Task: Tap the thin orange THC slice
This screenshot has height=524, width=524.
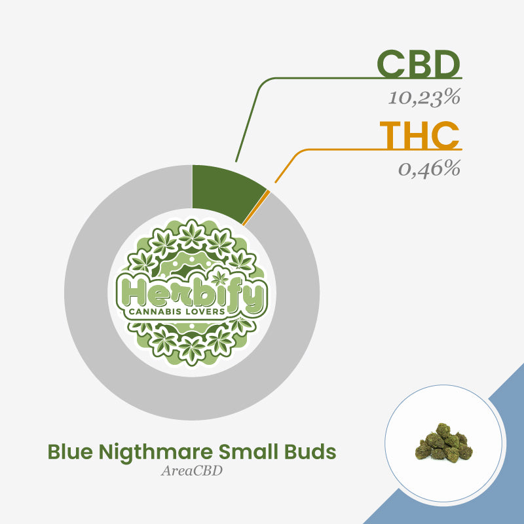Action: point(256,208)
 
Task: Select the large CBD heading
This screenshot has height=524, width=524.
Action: point(419,64)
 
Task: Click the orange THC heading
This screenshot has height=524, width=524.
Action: point(419,136)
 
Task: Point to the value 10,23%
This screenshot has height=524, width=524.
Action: point(424,98)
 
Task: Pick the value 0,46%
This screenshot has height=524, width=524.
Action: point(430,169)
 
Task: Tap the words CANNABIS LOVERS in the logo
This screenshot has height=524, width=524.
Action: point(177,312)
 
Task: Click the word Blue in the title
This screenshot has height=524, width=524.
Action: point(70,452)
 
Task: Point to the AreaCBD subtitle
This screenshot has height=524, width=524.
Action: point(192,471)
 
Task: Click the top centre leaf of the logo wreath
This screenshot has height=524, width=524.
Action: point(192,234)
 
